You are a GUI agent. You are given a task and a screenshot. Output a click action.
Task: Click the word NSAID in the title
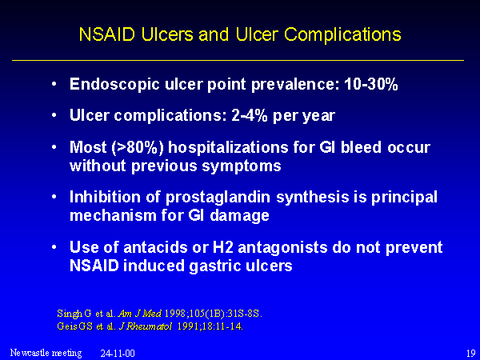coord(107,34)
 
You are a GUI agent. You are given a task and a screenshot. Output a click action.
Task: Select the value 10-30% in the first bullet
coord(371,83)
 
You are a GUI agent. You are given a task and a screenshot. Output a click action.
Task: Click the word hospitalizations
coord(228,148)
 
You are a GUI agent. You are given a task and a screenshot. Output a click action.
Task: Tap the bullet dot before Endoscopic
coord(54,83)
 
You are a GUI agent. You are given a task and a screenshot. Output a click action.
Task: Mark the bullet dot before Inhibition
coord(54,197)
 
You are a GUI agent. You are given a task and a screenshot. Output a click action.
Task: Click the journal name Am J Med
coord(139,314)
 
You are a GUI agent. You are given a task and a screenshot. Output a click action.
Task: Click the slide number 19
coord(470,353)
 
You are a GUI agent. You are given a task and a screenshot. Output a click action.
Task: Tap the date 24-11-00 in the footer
coord(118,354)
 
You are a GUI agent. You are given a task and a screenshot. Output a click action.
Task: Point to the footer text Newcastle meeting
coord(46,353)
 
